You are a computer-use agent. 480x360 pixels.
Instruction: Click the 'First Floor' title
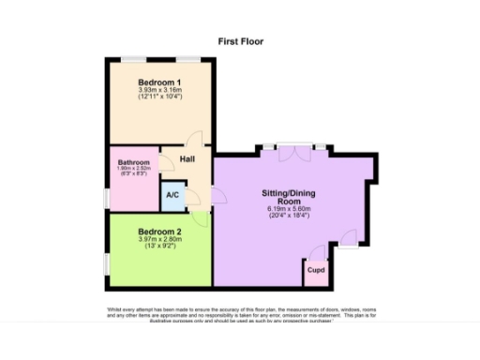click(241, 41)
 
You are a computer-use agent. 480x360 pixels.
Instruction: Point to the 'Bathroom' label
click(134, 161)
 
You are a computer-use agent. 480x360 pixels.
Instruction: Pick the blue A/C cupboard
click(172, 195)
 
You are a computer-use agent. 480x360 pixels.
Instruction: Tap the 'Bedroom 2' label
click(159, 231)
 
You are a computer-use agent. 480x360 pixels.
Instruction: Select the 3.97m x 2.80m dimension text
click(159, 239)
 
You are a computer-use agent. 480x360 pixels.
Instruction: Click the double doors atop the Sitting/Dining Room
click(294, 149)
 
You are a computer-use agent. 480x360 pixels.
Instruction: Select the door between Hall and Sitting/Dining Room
click(218, 194)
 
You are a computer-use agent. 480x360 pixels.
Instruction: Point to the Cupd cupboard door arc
click(317, 251)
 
